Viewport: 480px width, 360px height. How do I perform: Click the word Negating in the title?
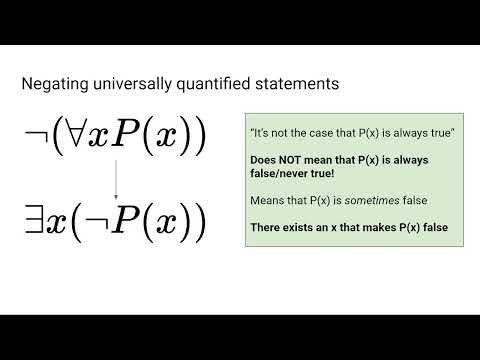point(52,84)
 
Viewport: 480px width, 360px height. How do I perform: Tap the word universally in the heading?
point(125,84)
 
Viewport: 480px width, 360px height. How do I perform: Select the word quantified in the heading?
point(212,84)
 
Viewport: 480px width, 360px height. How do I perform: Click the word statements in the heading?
point(296,84)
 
